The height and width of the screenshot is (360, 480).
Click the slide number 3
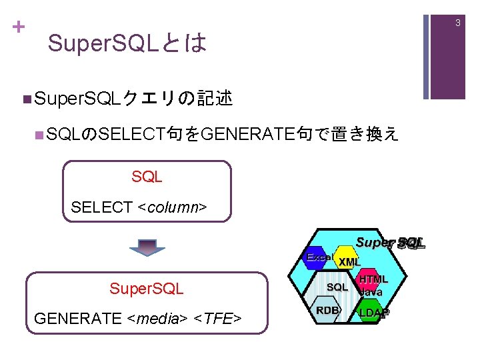458,23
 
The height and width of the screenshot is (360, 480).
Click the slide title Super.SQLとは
127,44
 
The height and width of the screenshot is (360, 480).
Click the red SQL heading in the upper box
147,177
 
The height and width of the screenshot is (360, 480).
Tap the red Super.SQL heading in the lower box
147,289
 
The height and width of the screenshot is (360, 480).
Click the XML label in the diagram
349,262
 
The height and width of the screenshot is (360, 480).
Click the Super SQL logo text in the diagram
390,243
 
